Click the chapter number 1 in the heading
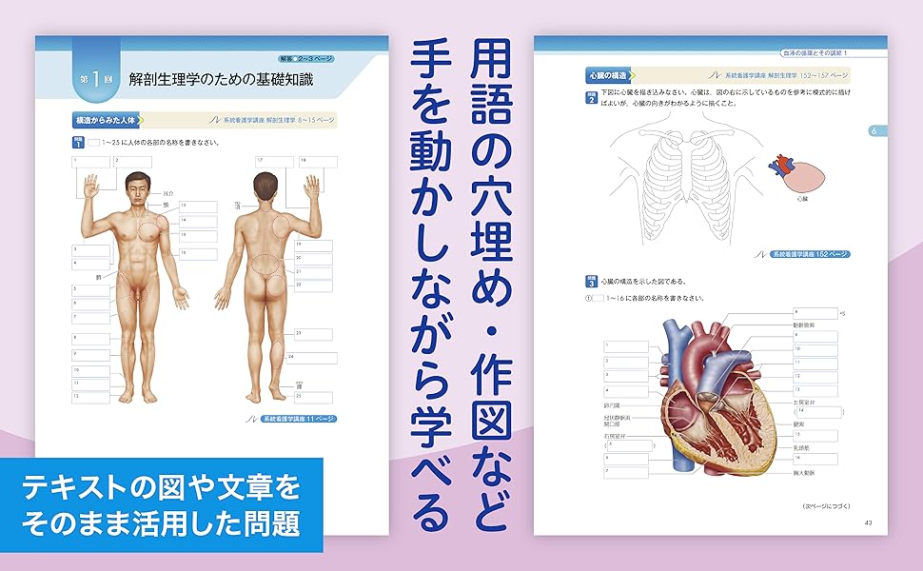coord(97,81)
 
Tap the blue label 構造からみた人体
coord(105,121)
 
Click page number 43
coord(868,522)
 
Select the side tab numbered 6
coord(873,130)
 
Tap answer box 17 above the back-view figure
coord(272,162)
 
